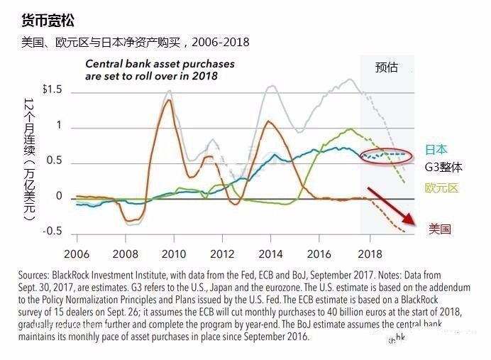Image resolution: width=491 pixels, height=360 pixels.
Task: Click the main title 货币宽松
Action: [48, 20]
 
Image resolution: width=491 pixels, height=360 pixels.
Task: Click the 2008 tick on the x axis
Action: [125, 253]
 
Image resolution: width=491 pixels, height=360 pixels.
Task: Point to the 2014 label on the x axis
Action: [270, 253]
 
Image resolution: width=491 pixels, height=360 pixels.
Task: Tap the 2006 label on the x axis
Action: [77, 253]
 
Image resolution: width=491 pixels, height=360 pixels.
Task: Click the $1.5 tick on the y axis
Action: [53, 89]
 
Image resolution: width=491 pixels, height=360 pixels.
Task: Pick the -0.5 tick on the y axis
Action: [53, 231]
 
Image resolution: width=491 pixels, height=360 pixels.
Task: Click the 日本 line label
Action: [436, 150]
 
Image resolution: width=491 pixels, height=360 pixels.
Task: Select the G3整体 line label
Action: [443, 168]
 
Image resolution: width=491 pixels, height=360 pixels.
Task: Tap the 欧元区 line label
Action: [442, 187]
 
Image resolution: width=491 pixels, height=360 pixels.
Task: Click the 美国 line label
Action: [440, 229]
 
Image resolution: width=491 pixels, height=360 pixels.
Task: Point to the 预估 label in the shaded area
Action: [387, 67]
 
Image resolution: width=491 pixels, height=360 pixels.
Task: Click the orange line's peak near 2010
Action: [168, 100]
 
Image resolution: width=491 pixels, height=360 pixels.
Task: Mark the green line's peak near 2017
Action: [349, 129]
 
